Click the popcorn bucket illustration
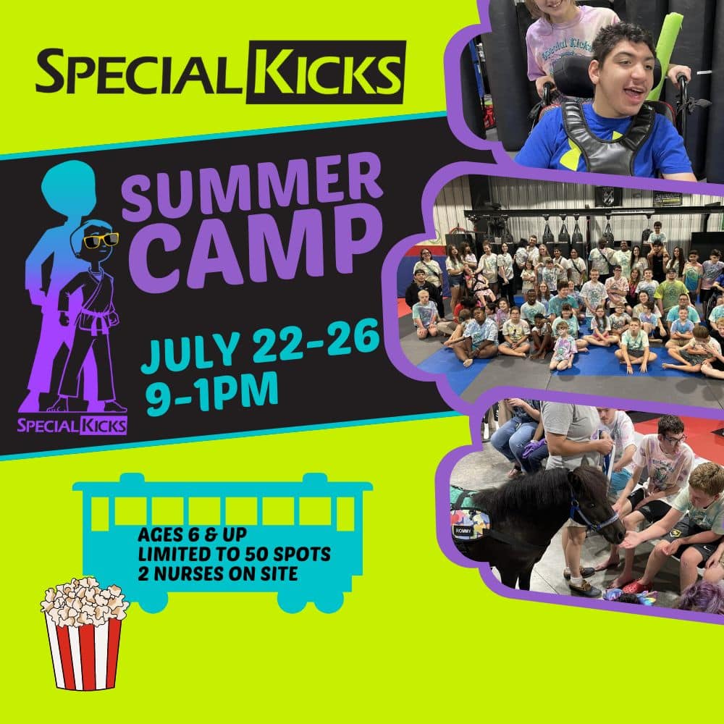click(x=83, y=631)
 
